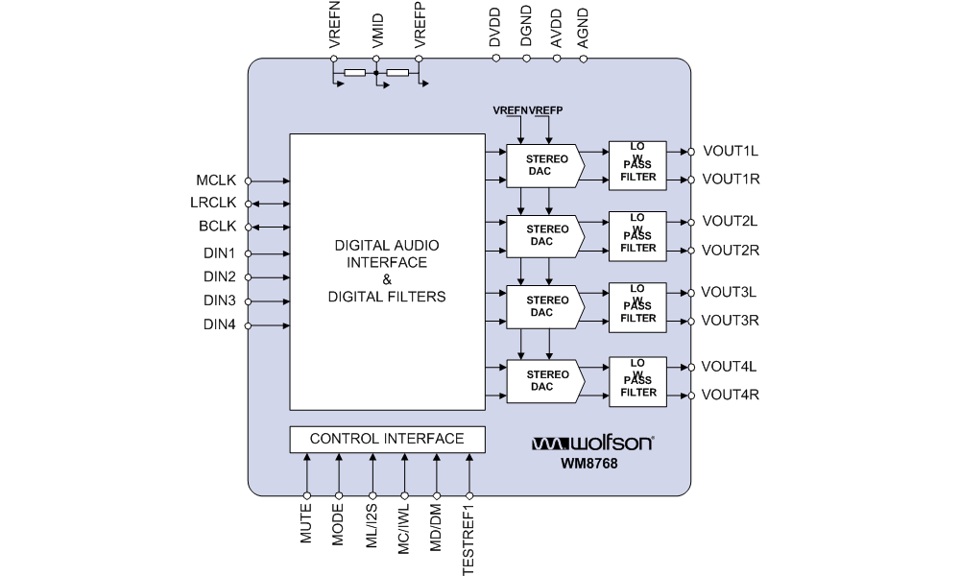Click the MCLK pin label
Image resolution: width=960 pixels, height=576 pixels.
[x=215, y=180]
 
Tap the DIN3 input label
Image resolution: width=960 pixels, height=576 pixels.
[x=219, y=301]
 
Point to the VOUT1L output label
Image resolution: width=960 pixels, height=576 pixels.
[x=731, y=151]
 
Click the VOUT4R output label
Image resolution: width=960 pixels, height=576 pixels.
[x=731, y=395]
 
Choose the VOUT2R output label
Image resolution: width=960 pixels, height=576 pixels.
[x=731, y=251]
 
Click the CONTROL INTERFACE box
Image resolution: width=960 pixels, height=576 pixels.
[x=387, y=439]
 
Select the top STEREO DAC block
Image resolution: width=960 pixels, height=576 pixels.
[x=544, y=166]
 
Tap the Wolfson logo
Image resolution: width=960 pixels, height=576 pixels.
[x=593, y=444]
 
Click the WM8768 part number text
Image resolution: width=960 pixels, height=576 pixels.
[x=588, y=465]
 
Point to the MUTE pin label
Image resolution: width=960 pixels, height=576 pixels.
[x=306, y=525]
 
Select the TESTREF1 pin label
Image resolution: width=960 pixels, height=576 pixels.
[x=468, y=537]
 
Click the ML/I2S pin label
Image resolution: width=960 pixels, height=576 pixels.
[x=371, y=526]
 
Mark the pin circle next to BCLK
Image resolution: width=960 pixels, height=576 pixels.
[x=248, y=228]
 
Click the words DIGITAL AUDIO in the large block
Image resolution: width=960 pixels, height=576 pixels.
[x=387, y=245]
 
